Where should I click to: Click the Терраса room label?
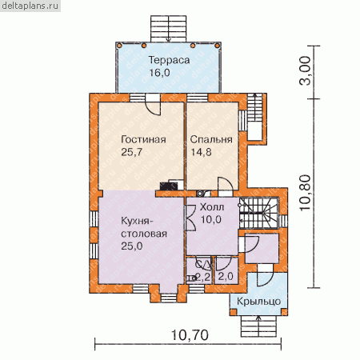tap(169, 60)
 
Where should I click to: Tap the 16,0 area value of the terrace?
tap(159, 73)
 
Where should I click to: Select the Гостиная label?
tap(143, 139)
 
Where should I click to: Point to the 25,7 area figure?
tap(131, 152)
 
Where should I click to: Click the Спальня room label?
tap(211, 139)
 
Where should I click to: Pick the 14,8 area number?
tap(201, 152)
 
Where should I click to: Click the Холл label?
tap(212, 207)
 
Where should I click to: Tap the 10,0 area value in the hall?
tap(210, 219)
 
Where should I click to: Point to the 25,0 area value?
tap(132, 246)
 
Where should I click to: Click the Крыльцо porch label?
tap(258, 302)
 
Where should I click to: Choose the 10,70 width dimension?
tap(190, 335)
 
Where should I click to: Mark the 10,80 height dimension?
tap(306, 193)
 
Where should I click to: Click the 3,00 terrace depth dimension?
tap(306, 70)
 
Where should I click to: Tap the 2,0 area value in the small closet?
tap(226, 277)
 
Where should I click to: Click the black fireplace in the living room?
tap(166, 186)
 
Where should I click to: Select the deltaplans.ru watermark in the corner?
tap(30, 6)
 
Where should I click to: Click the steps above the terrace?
tap(168, 29)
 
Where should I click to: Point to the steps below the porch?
tap(258, 326)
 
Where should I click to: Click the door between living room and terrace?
tap(153, 105)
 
